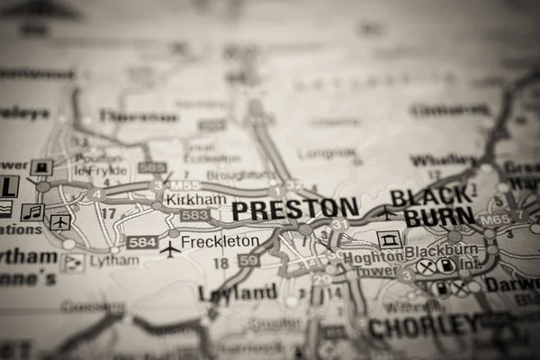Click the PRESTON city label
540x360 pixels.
[294, 210]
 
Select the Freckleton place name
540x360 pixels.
[220, 241]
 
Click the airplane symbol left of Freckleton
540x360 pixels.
[169, 248]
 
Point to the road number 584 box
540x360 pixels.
[141, 242]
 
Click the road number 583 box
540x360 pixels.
[193, 215]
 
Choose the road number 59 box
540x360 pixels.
[248, 260]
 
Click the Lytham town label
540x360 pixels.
[114, 260]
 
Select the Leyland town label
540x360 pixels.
[238, 292]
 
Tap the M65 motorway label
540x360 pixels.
[493, 219]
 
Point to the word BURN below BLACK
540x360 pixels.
[438, 217]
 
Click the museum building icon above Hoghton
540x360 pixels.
[389, 239]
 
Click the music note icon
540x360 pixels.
[32, 212]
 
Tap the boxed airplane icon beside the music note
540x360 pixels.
[60, 221]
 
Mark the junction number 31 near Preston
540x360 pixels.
[339, 224]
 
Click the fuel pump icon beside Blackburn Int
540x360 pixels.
[445, 266]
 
